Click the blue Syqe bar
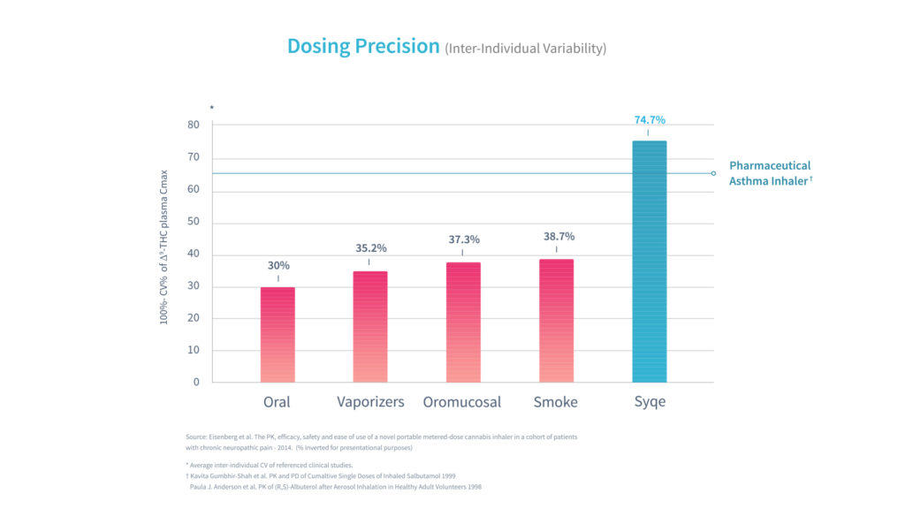click(649, 262)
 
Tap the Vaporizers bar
click(369, 326)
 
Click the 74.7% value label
click(649, 119)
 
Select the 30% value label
click(278, 265)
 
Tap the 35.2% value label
click(370, 248)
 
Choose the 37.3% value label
click(462, 239)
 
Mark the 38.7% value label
click(556, 236)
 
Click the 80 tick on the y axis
click(194, 125)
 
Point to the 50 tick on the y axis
click(194, 222)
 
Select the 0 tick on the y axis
click(196, 383)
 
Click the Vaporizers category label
click(370, 402)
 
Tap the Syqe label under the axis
click(649, 402)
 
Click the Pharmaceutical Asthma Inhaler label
click(770, 173)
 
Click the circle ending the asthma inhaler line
click(713, 173)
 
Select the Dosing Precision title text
click(363, 47)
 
